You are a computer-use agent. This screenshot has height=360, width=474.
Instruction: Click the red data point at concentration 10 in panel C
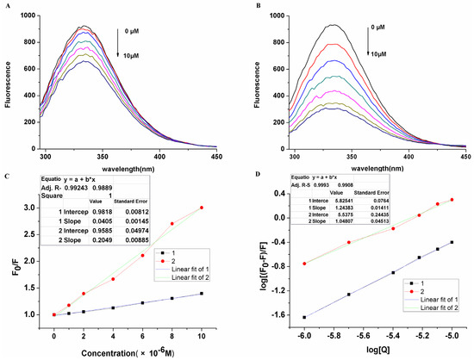point(203,208)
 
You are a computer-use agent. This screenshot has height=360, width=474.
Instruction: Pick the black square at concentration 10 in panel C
point(203,294)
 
